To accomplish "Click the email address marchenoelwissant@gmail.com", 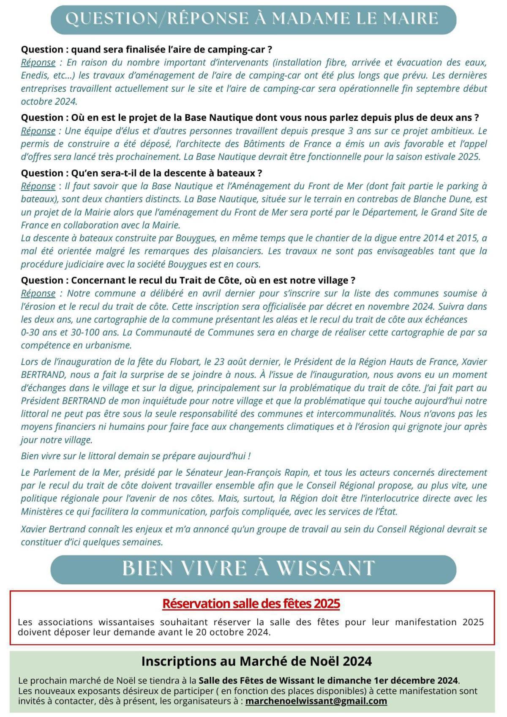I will coord(316,701).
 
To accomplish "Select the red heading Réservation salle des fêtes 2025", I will coord(251,603).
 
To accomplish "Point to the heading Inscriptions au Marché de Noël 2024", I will coord(256,661).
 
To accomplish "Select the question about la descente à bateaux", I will coord(142,173).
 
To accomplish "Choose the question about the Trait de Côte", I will coord(188,280).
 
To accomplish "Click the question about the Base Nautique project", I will coord(249,117).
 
